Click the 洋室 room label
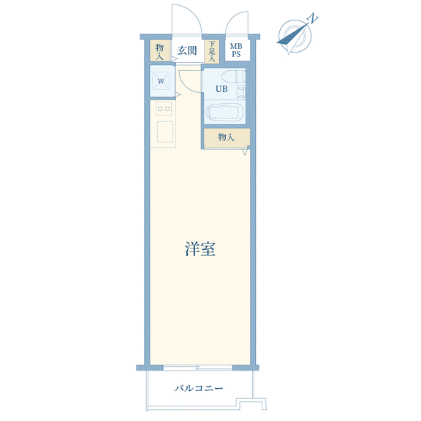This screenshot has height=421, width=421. click(x=200, y=249)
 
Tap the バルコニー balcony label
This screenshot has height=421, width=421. click(x=199, y=388)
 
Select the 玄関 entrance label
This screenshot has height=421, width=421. click(x=187, y=50)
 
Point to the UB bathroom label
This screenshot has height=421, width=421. click(x=221, y=89)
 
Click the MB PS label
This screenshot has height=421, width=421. click(x=236, y=50)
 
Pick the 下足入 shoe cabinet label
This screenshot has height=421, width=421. click(x=212, y=51)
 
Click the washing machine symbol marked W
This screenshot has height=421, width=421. click(x=161, y=81)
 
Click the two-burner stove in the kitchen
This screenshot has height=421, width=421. click(x=164, y=108)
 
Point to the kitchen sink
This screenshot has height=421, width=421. click(x=165, y=132)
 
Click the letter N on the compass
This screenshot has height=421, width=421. click(x=312, y=18)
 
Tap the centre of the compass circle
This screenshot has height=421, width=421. click(x=295, y=36)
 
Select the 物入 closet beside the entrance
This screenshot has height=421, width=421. click(x=159, y=50)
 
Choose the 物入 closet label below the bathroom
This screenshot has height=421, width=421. click(x=226, y=137)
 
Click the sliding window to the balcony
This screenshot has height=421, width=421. click(x=198, y=368)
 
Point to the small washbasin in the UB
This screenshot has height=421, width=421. click(x=241, y=91)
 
